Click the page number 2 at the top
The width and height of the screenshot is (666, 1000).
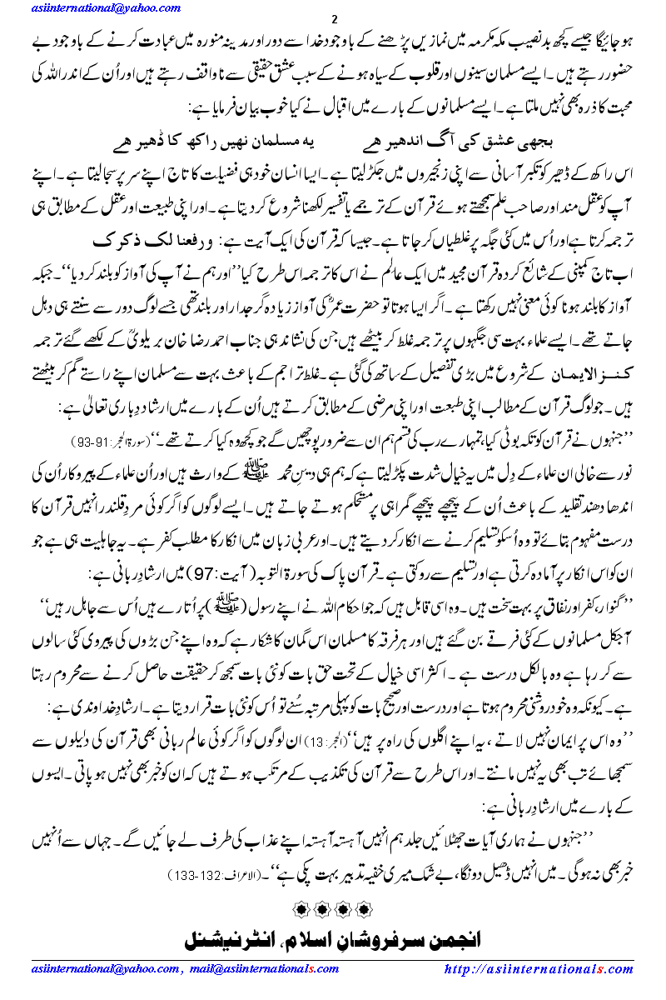(334, 20)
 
